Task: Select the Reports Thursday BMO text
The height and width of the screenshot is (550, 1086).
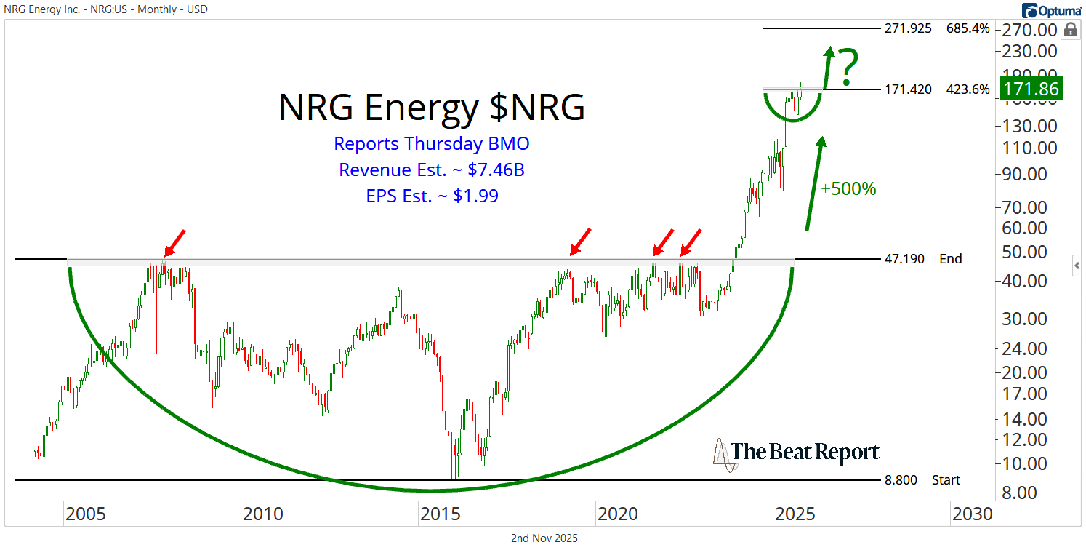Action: tap(431, 143)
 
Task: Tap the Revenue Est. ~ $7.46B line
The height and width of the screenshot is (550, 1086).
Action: tap(431, 170)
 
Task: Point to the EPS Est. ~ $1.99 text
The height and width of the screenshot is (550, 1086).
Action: tap(431, 196)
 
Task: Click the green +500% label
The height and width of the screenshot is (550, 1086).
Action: tap(848, 188)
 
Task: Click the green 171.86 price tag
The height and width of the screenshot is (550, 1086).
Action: tap(1031, 89)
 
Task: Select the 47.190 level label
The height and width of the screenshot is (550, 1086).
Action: tap(905, 258)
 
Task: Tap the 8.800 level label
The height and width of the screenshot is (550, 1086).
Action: tap(901, 480)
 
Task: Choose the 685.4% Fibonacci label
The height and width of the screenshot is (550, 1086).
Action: tap(968, 29)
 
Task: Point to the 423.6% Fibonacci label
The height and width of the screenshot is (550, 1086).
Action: tap(968, 89)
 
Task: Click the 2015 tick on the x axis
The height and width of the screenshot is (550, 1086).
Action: tap(441, 514)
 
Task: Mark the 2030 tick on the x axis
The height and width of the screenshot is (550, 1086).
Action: tap(972, 514)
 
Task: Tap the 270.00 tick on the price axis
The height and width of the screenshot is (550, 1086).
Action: tap(1031, 30)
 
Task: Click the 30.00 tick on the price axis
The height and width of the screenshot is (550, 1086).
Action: tap(1031, 319)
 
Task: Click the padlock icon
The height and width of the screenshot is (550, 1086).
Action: tap(1071, 30)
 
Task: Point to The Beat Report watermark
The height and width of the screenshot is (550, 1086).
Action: tap(797, 453)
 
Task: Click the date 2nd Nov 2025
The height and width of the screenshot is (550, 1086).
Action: tap(544, 538)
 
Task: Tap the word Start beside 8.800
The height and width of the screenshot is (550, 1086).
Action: tap(946, 480)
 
